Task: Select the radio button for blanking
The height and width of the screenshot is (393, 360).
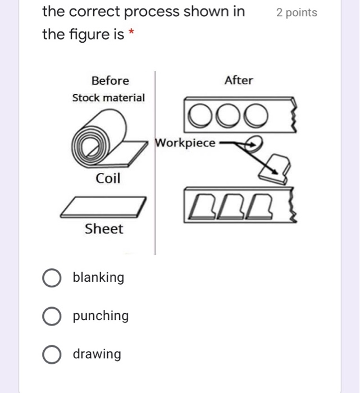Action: (x=52, y=278)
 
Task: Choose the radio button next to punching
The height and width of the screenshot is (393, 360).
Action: (x=52, y=316)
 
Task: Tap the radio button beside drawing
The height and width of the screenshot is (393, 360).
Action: (x=52, y=354)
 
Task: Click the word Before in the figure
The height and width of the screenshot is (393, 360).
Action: (x=110, y=81)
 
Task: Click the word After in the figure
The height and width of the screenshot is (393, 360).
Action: (x=239, y=80)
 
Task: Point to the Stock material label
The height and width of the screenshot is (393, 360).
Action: (x=108, y=98)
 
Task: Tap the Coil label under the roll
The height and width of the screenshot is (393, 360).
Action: (x=108, y=179)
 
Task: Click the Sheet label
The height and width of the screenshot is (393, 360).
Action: (x=104, y=229)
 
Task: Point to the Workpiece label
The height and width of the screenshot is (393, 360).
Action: (x=185, y=143)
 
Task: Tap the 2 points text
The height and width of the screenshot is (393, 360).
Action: (x=297, y=13)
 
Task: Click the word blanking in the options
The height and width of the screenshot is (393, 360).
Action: (x=99, y=277)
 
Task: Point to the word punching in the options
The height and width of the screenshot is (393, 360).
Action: (x=101, y=316)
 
